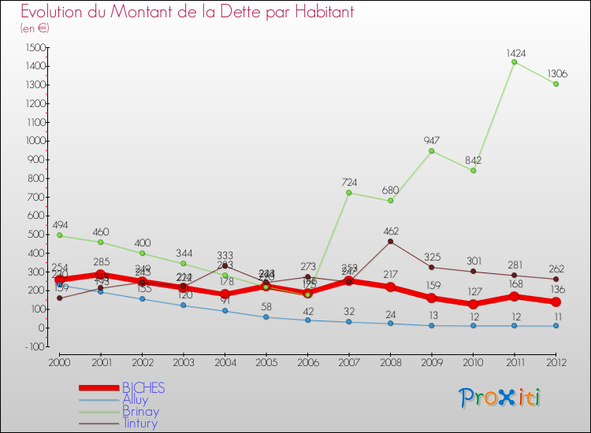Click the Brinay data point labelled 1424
(x=514, y=62)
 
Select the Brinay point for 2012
(x=556, y=84)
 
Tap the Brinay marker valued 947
(x=431, y=151)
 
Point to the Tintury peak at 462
(x=390, y=242)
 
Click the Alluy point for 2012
(x=556, y=325)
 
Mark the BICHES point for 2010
(x=473, y=304)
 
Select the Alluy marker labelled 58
(x=266, y=316)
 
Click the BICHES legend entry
(x=143, y=388)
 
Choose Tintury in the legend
(x=139, y=424)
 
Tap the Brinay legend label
(x=140, y=412)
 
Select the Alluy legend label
(x=135, y=400)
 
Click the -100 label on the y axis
(x=32, y=346)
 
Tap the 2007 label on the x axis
(x=348, y=361)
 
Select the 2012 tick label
(x=556, y=361)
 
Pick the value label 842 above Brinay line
(x=473, y=161)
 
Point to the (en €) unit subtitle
(x=35, y=28)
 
